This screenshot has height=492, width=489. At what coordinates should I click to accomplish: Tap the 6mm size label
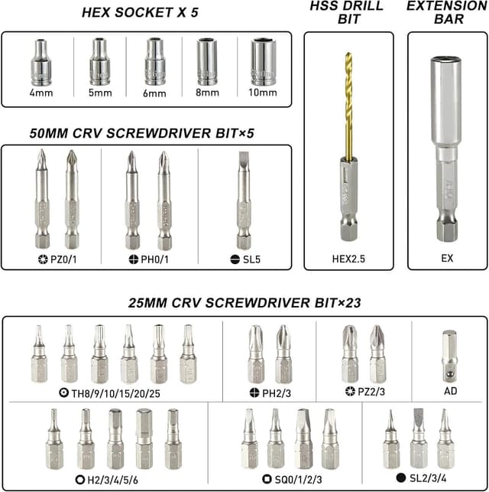click(154, 93)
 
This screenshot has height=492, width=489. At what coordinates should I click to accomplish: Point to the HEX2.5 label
click(348, 259)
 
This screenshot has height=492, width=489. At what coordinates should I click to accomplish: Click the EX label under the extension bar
click(447, 259)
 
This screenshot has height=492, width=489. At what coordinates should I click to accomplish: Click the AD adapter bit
click(449, 355)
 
